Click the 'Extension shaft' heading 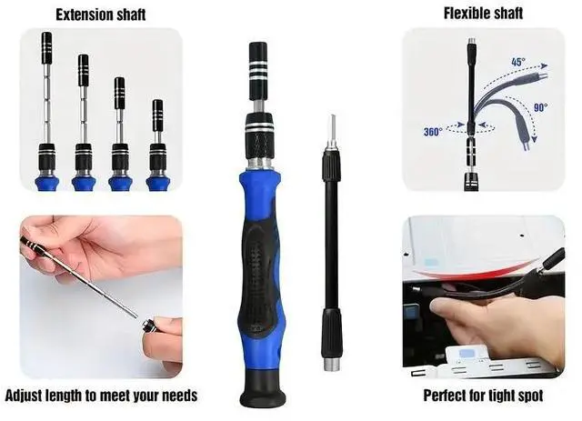(x=103, y=14)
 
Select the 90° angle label (x=541, y=107)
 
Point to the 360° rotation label (x=433, y=132)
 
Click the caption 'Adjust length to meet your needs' (x=101, y=396)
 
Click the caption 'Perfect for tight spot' (x=483, y=396)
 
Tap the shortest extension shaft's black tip (x=157, y=115)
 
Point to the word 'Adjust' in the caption (x=28, y=396)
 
